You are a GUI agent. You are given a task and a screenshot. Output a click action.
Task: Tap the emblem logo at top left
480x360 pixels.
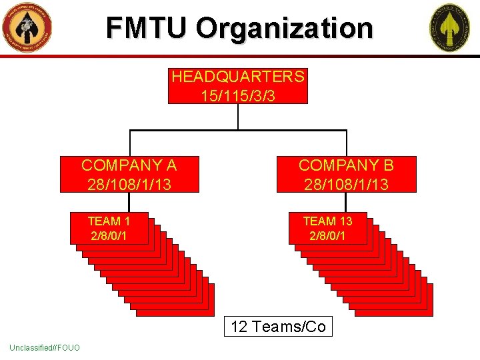27,27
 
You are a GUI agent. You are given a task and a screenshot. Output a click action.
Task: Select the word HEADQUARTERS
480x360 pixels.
238,77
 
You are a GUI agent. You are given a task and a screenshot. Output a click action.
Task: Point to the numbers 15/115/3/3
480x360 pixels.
238,95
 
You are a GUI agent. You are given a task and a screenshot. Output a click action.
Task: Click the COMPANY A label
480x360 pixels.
129,165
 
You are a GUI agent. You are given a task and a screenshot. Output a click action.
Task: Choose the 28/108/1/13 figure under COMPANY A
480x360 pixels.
129,183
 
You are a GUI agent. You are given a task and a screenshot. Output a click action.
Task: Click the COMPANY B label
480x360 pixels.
346,165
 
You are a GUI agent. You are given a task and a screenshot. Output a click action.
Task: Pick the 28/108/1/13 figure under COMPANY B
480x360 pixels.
346,183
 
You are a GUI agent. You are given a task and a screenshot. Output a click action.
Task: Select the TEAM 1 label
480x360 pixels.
109,221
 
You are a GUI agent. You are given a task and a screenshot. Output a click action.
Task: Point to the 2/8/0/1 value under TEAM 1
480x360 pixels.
109,236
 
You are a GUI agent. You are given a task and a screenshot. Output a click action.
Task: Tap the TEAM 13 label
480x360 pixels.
327,221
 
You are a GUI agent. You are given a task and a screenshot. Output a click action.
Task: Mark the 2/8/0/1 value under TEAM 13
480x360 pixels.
327,236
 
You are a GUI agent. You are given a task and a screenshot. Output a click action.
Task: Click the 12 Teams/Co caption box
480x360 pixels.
278,327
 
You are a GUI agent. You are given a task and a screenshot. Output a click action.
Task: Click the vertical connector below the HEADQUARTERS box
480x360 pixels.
238,117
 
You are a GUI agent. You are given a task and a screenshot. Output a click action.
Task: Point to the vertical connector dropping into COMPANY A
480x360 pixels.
129,143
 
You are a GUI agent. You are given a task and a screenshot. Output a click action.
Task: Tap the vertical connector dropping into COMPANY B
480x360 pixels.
347,143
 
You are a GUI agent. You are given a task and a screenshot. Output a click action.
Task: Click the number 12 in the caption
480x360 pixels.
239,327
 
